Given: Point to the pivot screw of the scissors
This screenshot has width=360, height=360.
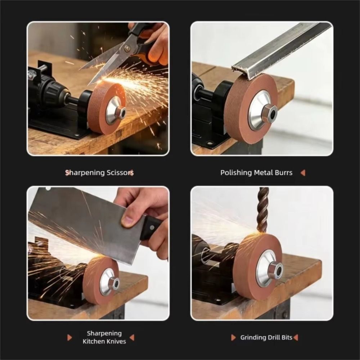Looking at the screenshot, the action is point(126,48).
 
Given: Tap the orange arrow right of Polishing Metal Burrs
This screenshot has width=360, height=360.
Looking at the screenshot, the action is point(303,173).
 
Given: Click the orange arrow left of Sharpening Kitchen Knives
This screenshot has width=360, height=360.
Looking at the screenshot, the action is point(69,338).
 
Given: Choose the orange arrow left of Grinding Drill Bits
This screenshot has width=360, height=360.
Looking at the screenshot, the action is point(233,338).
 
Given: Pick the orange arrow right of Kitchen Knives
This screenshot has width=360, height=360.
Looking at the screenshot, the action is point(132,338).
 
